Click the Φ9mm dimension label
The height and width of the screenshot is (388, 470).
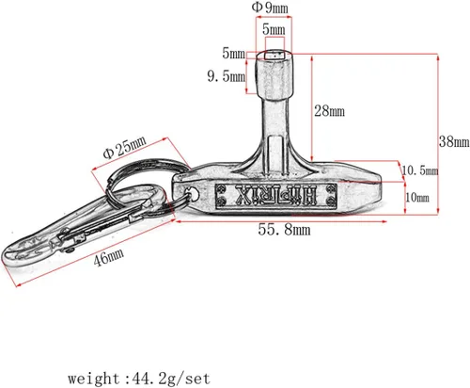click(x=270, y=8)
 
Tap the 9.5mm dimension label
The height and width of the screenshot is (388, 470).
click(x=227, y=76)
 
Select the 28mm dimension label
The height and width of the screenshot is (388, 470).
click(x=329, y=111)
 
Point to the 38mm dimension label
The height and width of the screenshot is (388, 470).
click(x=454, y=141)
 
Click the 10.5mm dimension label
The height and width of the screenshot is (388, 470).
click(x=420, y=170)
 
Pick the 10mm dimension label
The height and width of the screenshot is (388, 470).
click(x=417, y=198)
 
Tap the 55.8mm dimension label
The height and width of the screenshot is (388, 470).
click(x=284, y=230)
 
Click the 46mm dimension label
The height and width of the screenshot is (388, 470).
click(x=108, y=257)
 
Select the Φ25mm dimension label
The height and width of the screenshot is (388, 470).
click(x=124, y=148)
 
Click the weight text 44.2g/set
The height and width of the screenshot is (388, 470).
click(x=171, y=379)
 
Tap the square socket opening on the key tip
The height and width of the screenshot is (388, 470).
click(x=274, y=56)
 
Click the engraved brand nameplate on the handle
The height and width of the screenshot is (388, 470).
click(x=275, y=195)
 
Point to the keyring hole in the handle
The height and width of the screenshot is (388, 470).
click(x=192, y=193)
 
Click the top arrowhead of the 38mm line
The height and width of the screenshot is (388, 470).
click(x=438, y=57)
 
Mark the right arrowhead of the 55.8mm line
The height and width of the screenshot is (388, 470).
click(x=384, y=221)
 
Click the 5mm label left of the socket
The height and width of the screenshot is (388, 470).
click(x=233, y=53)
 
